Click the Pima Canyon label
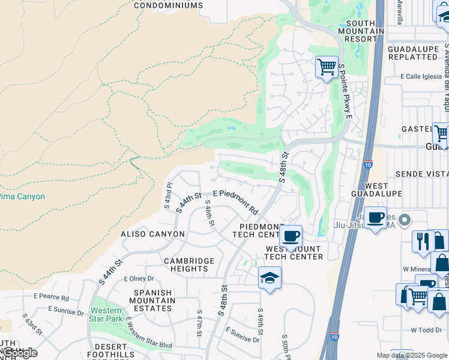[x=22, y=196]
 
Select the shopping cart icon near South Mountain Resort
[x=327, y=67]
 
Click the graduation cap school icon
[x=270, y=278]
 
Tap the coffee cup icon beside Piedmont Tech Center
[x=291, y=236]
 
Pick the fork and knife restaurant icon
[x=423, y=241]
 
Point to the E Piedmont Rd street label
[x=235, y=202]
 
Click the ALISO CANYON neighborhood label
[x=152, y=234]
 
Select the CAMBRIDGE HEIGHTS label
[x=189, y=265]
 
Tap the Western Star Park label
[x=107, y=315]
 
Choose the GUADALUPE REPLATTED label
[x=412, y=53]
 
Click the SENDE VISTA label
[x=421, y=173]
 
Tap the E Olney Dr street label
[x=139, y=278]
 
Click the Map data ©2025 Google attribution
[x=412, y=355]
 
